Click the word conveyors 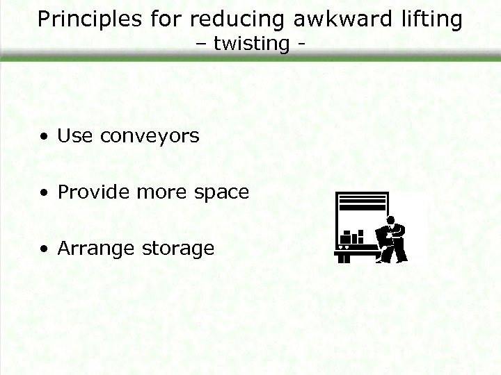[150, 137]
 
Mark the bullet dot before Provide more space [44, 193]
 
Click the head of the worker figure [391, 221]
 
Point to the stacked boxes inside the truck [353, 237]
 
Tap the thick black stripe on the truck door [361, 205]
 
